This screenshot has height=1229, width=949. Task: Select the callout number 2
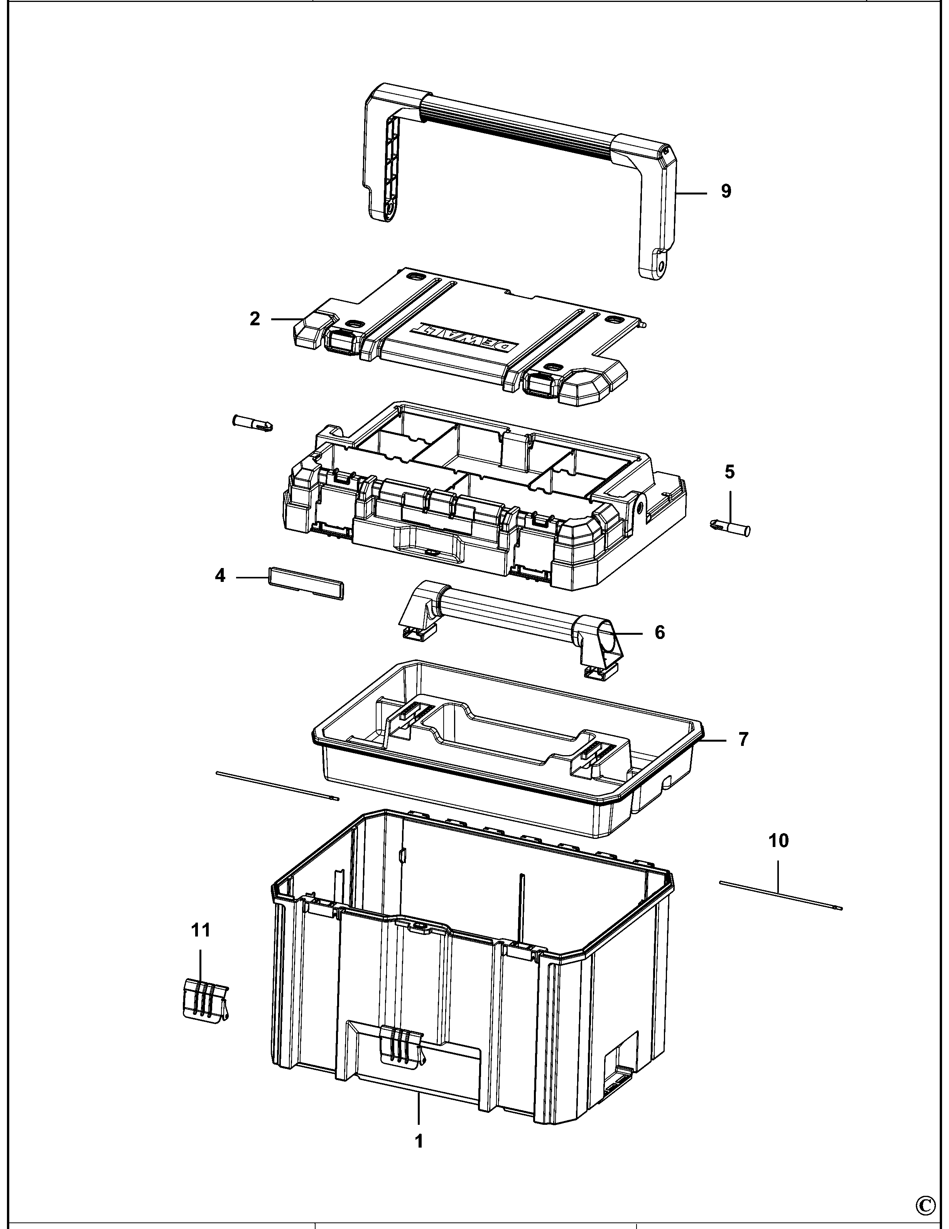click(x=255, y=319)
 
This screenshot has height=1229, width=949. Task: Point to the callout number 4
click(x=220, y=576)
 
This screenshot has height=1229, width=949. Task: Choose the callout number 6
click(x=659, y=632)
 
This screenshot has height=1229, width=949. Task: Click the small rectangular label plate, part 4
click(x=307, y=583)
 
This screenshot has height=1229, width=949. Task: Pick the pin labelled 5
click(x=729, y=528)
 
